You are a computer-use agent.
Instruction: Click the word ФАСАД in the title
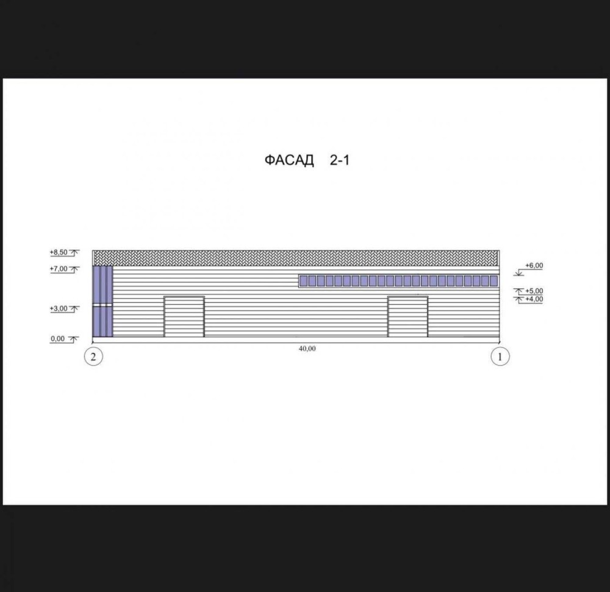click(x=289, y=160)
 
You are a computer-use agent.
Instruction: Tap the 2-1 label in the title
click(x=340, y=160)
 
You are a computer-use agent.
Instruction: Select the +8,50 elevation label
click(x=59, y=252)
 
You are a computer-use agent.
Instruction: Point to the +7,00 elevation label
click(x=59, y=269)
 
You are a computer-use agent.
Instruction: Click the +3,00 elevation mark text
click(x=59, y=308)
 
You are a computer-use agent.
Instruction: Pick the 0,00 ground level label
click(x=57, y=338)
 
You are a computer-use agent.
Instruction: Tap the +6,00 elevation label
click(x=534, y=265)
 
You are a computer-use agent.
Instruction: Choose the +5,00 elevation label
click(x=534, y=291)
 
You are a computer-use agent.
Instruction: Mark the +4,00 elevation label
click(x=534, y=299)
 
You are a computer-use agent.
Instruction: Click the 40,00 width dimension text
click(x=307, y=349)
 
